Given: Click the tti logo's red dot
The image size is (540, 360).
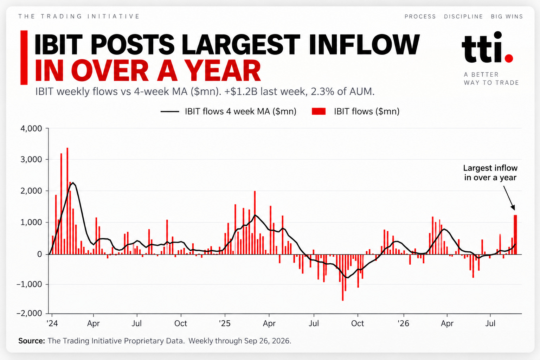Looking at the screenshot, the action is pyautogui.click(x=509, y=58).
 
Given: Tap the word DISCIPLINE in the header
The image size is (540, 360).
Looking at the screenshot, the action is pyautogui.click(x=464, y=17).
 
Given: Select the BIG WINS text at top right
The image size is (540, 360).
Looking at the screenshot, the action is pyautogui.click(x=507, y=17).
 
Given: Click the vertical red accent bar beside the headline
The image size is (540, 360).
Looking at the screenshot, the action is pyautogui.click(x=24, y=58).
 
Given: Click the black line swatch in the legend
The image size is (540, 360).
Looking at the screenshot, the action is pyautogui.click(x=170, y=111).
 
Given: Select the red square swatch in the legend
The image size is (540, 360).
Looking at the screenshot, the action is pyautogui.click(x=319, y=111).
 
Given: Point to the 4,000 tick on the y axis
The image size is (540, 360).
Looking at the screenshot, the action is pyautogui.click(x=31, y=128).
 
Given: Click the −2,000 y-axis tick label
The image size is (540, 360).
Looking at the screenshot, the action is pyautogui.click(x=29, y=313).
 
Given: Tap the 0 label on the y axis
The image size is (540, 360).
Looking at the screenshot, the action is pyautogui.click(x=40, y=254).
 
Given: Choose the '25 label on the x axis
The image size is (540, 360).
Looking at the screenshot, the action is pyautogui.click(x=225, y=323).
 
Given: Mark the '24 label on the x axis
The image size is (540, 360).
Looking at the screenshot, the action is pyautogui.click(x=52, y=323).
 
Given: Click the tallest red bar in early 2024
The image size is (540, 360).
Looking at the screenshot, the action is pyautogui.click(x=67, y=201).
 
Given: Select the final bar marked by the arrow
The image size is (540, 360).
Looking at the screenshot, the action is pyautogui.click(x=515, y=234).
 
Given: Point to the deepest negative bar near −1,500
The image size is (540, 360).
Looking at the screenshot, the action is pyautogui.click(x=343, y=277).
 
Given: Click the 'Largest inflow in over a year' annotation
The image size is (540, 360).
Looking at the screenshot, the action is pyautogui.click(x=490, y=173).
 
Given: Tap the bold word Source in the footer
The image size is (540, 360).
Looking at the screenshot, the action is pyautogui.click(x=32, y=341).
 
